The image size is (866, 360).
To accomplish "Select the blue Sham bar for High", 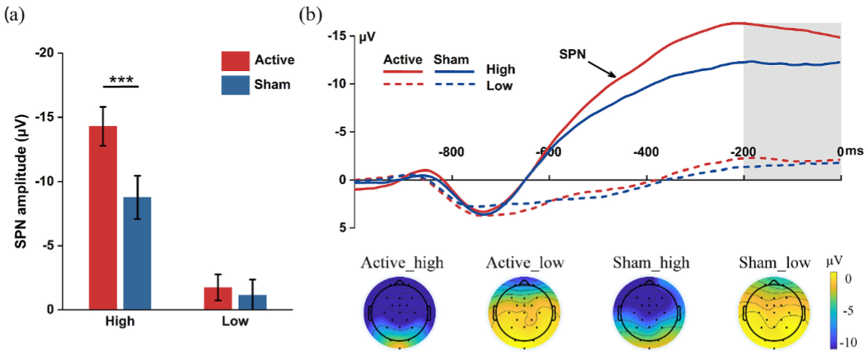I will point(137,253).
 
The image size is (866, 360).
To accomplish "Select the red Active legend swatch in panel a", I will point(235,60).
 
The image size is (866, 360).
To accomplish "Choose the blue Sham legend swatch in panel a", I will point(235,85).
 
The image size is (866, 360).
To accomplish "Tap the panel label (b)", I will point(313,14).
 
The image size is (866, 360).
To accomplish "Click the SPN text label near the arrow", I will point(573,54).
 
